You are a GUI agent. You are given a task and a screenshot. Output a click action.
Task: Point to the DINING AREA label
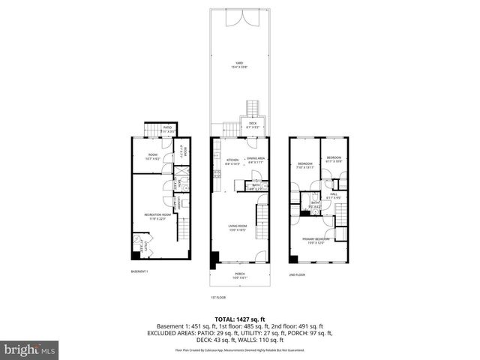pos(256,159)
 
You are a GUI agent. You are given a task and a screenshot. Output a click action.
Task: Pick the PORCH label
pos(240,274)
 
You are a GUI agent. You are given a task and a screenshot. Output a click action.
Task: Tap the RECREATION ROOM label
pos(154,216)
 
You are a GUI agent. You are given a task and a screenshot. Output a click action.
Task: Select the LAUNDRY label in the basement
pos(178,205)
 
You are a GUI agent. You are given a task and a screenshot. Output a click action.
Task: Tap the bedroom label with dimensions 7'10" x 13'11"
pos(304,165)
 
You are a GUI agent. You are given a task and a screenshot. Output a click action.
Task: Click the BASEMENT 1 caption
pos(139,271)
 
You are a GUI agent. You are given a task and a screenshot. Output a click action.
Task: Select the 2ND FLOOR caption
pos(298,274)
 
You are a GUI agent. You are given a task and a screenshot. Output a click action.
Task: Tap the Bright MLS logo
pos(29,349)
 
